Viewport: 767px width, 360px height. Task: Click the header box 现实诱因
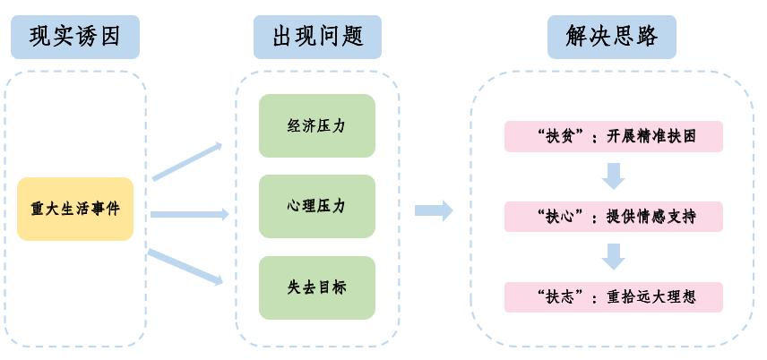click(74, 36)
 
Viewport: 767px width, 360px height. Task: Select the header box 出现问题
click(317, 36)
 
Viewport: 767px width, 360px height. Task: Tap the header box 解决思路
click(612, 36)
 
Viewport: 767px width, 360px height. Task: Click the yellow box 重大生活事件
click(75, 209)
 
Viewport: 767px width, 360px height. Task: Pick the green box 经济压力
click(316, 125)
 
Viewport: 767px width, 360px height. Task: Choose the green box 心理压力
click(316, 206)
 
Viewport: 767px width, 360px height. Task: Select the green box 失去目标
click(316, 287)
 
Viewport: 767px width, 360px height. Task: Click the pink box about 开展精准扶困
click(613, 136)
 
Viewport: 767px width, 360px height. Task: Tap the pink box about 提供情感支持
click(613, 217)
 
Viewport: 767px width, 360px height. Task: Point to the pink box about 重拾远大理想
click(613, 296)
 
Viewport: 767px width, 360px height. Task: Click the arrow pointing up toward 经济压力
click(186, 161)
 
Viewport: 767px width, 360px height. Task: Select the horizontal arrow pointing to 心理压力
click(189, 214)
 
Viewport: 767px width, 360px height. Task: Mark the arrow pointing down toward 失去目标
click(185, 267)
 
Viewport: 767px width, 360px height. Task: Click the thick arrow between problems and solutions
click(434, 210)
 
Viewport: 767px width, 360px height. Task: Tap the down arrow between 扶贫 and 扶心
click(613, 176)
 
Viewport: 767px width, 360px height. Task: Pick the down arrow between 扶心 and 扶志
click(613, 256)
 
